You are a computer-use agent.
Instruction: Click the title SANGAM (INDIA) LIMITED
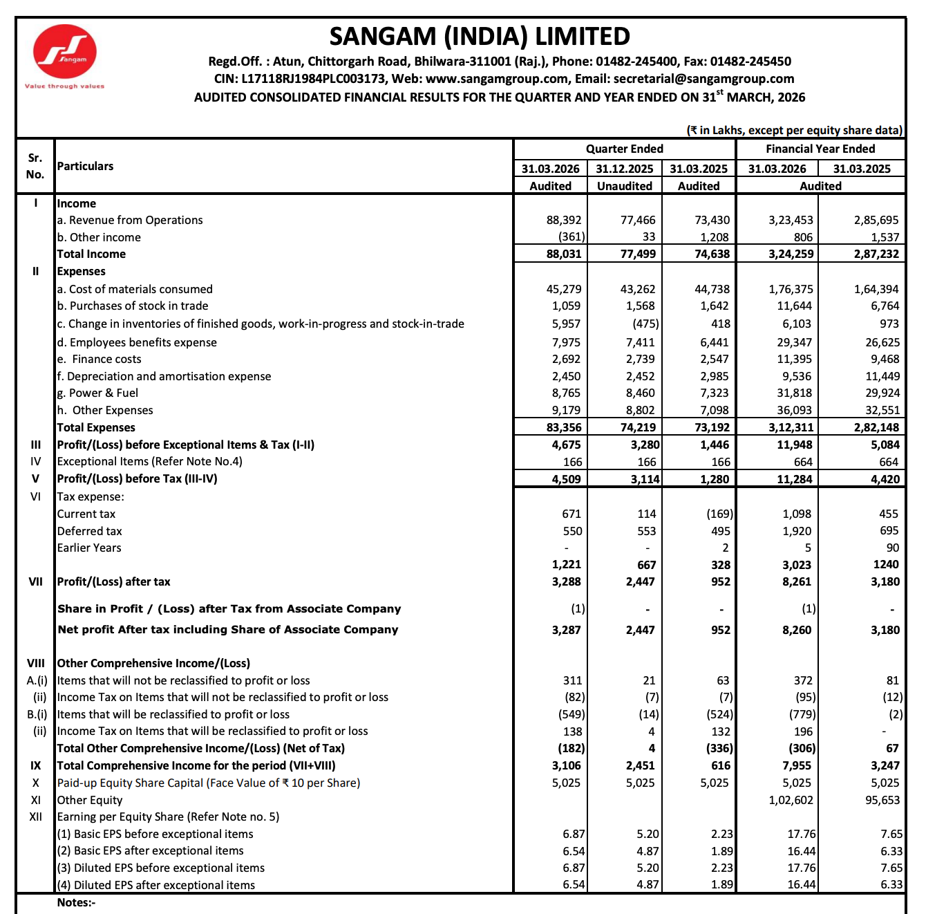pyautogui.click(x=480, y=36)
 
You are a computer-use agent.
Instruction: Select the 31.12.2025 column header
pyautogui.click(x=624, y=169)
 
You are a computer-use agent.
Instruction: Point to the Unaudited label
pyautogui.click(x=624, y=186)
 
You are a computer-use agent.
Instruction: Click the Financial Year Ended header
pyautogui.click(x=820, y=149)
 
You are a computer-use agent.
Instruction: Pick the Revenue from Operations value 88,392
pyautogui.click(x=563, y=220)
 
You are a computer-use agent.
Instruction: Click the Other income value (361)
pyautogui.click(x=571, y=237)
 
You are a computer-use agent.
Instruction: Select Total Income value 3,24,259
pyautogui.click(x=791, y=254)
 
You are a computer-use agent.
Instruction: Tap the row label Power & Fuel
pyautogui.click(x=97, y=393)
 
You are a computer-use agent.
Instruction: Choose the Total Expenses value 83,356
pyautogui.click(x=563, y=427)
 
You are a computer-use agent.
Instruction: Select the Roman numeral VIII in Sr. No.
pyautogui.click(x=35, y=663)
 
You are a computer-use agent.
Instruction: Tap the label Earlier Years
pyautogui.click(x=89, y=548)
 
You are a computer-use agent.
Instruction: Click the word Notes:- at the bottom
pyautogui.click(x=76, y=902)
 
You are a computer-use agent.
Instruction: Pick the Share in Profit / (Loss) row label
pyautogui.click(x=229, y=608)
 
